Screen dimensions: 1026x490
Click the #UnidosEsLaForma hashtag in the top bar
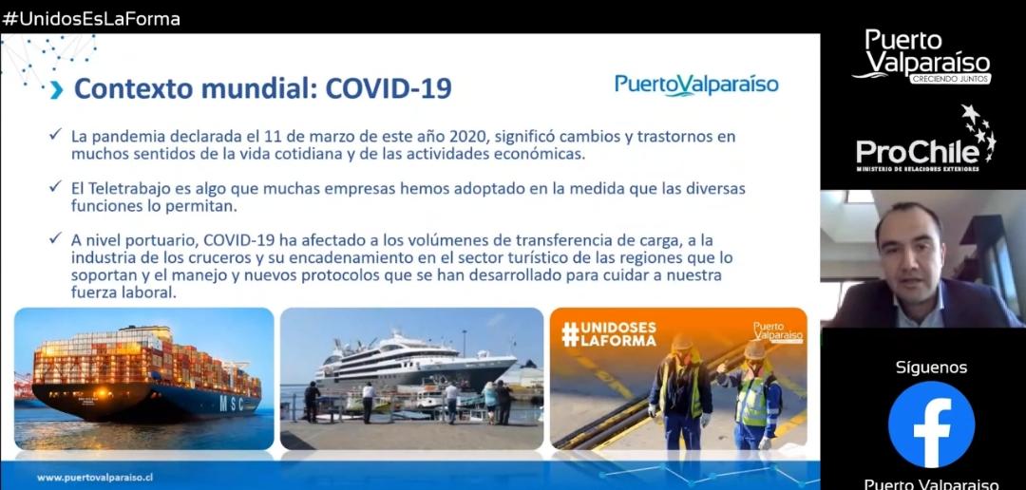91,19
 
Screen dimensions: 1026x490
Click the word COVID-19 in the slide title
389,89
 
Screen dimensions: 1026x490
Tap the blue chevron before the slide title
57,90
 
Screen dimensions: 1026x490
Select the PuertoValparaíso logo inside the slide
696,85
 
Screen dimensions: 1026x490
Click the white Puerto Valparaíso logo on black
922,57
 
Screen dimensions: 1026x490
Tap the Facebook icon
931,424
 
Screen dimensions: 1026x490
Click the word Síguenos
931,367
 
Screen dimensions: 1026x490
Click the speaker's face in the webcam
910,252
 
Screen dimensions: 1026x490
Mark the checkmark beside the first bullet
56,135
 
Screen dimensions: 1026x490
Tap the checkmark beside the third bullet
56,237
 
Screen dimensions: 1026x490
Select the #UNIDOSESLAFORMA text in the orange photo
609,333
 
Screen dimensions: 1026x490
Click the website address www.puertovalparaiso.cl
95,478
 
